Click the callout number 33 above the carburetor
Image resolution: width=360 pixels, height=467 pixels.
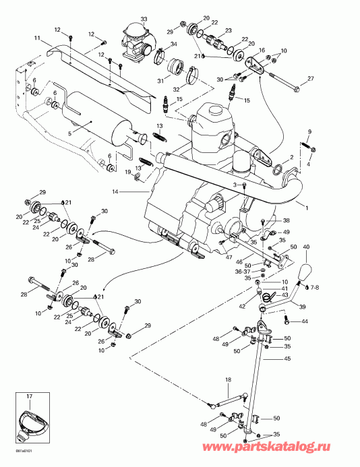click(143, 18)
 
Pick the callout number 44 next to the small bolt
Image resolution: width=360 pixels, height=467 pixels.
click(304, 321)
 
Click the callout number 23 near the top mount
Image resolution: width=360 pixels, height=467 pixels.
click(227, 31)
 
